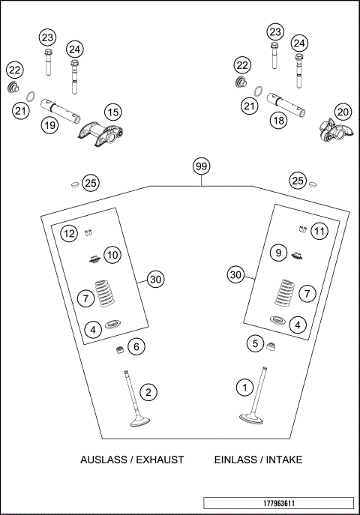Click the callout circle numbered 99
[x=200, y=166]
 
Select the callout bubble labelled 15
[x=112, y=112]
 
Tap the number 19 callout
[x=49, y=125]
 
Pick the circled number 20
[x=343, y=112]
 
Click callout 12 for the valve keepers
[x=69, y=234]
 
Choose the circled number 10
[x=112, y=255]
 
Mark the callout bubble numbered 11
[x=319, y=232]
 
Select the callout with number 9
[x=277, y=253]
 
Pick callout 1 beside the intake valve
[x=244, y=388]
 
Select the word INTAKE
[x=283, y=460]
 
